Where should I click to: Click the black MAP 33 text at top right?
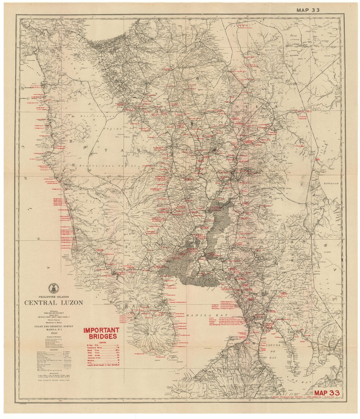tap(308, 10)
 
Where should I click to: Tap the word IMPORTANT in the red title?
tap(101, 330)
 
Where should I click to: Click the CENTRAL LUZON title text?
tap(54, 302)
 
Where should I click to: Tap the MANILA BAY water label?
tap(199, 315)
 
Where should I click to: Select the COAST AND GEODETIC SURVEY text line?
tap(54, 326)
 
